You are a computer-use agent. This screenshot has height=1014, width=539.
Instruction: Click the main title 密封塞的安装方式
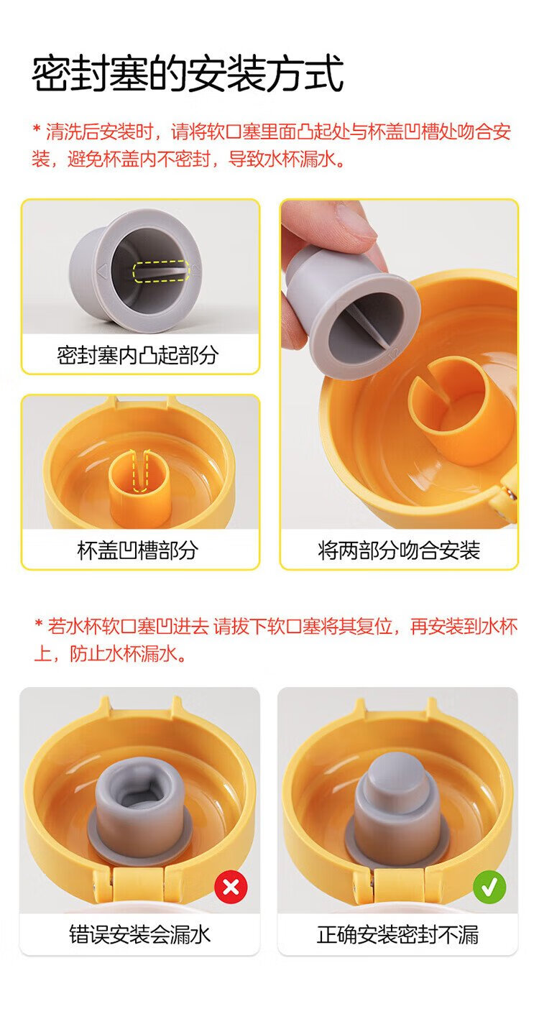tap(188, 74)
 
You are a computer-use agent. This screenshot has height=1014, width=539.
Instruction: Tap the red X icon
tap(231, 887)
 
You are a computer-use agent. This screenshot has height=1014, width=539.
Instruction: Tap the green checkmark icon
tap(489, 887)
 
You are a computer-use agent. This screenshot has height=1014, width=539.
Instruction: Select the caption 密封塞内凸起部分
tap(138, 355)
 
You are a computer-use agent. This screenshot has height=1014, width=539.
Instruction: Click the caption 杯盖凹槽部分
tap(138, 550)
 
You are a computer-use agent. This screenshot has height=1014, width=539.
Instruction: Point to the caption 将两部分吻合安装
tap(399, 550)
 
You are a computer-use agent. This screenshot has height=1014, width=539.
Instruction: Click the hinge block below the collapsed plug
tap(138, 885)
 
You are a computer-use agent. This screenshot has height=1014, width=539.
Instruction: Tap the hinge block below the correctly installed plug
tap(397, 885)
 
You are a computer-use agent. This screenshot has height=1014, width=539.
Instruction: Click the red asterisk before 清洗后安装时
tap(37, 130)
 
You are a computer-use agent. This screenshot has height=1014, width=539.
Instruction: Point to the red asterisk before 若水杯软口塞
tap(39, 624)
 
